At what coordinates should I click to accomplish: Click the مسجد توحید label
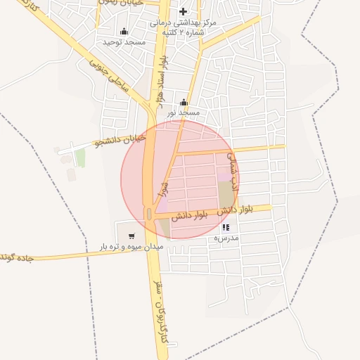tap(118, 42)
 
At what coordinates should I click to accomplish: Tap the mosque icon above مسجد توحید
tap(124, 31)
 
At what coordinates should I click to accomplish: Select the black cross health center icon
tap(184, 11)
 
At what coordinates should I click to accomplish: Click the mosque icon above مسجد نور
tap(184, 102)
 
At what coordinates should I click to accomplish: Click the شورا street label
tap(164, 188)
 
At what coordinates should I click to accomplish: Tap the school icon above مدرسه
tap(226, 228)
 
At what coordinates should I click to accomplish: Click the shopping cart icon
tap(131, 236)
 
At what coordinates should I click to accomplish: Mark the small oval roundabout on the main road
tap(148, 213)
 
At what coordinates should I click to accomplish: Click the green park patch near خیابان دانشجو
tap(80, 158)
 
